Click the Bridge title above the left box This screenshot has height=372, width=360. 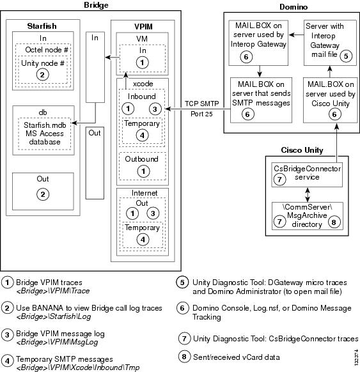tap(96, 5)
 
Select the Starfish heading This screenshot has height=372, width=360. tap(42, 26)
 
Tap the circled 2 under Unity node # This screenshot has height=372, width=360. tap(42, 75)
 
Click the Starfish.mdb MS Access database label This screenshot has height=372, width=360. tap(45, 134)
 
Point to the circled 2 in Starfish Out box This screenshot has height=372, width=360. tap(43, 194)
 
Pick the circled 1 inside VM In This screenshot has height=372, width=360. tap(142, 63)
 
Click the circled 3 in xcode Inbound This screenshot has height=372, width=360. tap(155, 109)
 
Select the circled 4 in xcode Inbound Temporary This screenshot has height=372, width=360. tap(142, 136)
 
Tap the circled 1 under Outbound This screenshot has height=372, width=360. tap(143, 171)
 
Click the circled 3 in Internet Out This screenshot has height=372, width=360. tap(153, 213)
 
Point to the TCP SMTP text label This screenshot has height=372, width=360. tap(201, 104)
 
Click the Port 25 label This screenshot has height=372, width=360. tap(201, 114)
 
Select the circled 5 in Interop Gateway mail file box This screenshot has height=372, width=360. tap(346, 56)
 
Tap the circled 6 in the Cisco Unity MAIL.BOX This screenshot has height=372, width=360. tap(334, 114)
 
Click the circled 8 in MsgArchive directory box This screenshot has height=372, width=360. tap(334, 222)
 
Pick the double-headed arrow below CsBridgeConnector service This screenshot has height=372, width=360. tap(308, 194)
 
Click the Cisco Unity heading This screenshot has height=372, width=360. tap(302, 150)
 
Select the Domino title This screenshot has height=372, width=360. tap(293, 6)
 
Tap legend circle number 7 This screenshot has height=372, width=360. tap(184, 338)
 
